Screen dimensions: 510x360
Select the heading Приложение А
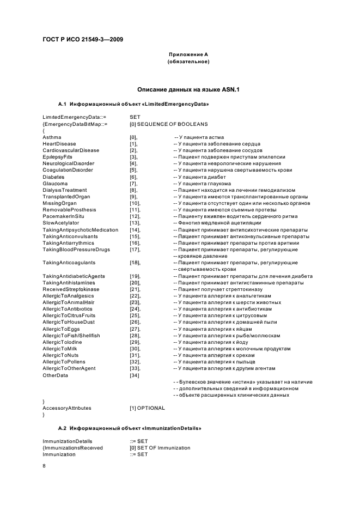click(x=188, y=54)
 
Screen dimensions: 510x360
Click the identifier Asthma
click(x=52, y=137)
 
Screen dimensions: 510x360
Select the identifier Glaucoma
click(x=56, y=183)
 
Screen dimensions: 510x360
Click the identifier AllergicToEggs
click(x=61, y=329)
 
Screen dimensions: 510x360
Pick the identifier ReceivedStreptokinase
click(x=70, y=289)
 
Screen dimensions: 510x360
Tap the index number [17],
click(x=135, y=249)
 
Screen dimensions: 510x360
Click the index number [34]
click(x=135, y=375)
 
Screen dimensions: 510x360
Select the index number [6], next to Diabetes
click(x=133, y=177)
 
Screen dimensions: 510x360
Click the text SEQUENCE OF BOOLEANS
click(x=173, y=124)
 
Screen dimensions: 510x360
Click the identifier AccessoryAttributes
click(x=67, y=408)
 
